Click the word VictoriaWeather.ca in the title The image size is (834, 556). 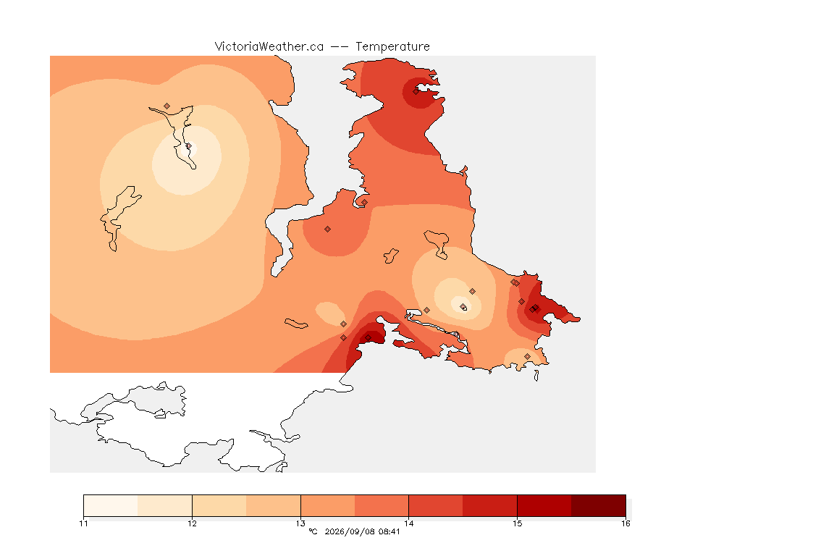point(269,47)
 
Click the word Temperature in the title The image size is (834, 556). point(392,47)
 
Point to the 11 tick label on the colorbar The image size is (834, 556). point(83,523)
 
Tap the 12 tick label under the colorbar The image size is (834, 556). point(192,523)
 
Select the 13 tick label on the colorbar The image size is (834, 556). point(300,523)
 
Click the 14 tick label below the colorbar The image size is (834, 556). point(408,523)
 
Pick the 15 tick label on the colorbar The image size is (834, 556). point(517,523)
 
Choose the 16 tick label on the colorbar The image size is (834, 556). point(625,523)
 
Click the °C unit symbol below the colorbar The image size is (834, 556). point(313,531)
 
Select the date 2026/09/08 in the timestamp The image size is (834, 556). point(345,531)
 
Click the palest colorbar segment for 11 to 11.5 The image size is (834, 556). point(111,505)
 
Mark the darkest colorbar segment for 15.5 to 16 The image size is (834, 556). point(599,505)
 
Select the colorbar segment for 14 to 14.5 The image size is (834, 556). point(436,505)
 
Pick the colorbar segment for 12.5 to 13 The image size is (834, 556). point(274,505)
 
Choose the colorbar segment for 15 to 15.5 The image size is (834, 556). point(544,505)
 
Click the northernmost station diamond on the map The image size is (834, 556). point(416,91)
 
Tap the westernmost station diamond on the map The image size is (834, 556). point(167,106)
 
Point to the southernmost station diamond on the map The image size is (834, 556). point(527,356)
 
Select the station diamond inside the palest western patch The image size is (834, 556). point(188,146)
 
